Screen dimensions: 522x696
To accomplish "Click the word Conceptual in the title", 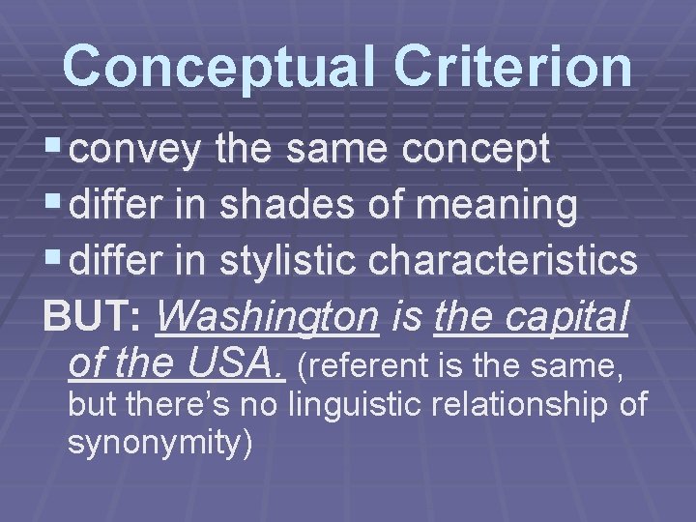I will pos(201,66).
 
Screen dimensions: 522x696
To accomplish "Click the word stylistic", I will pos(285,260).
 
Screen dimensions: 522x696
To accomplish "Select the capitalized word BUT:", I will pos(93,316).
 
